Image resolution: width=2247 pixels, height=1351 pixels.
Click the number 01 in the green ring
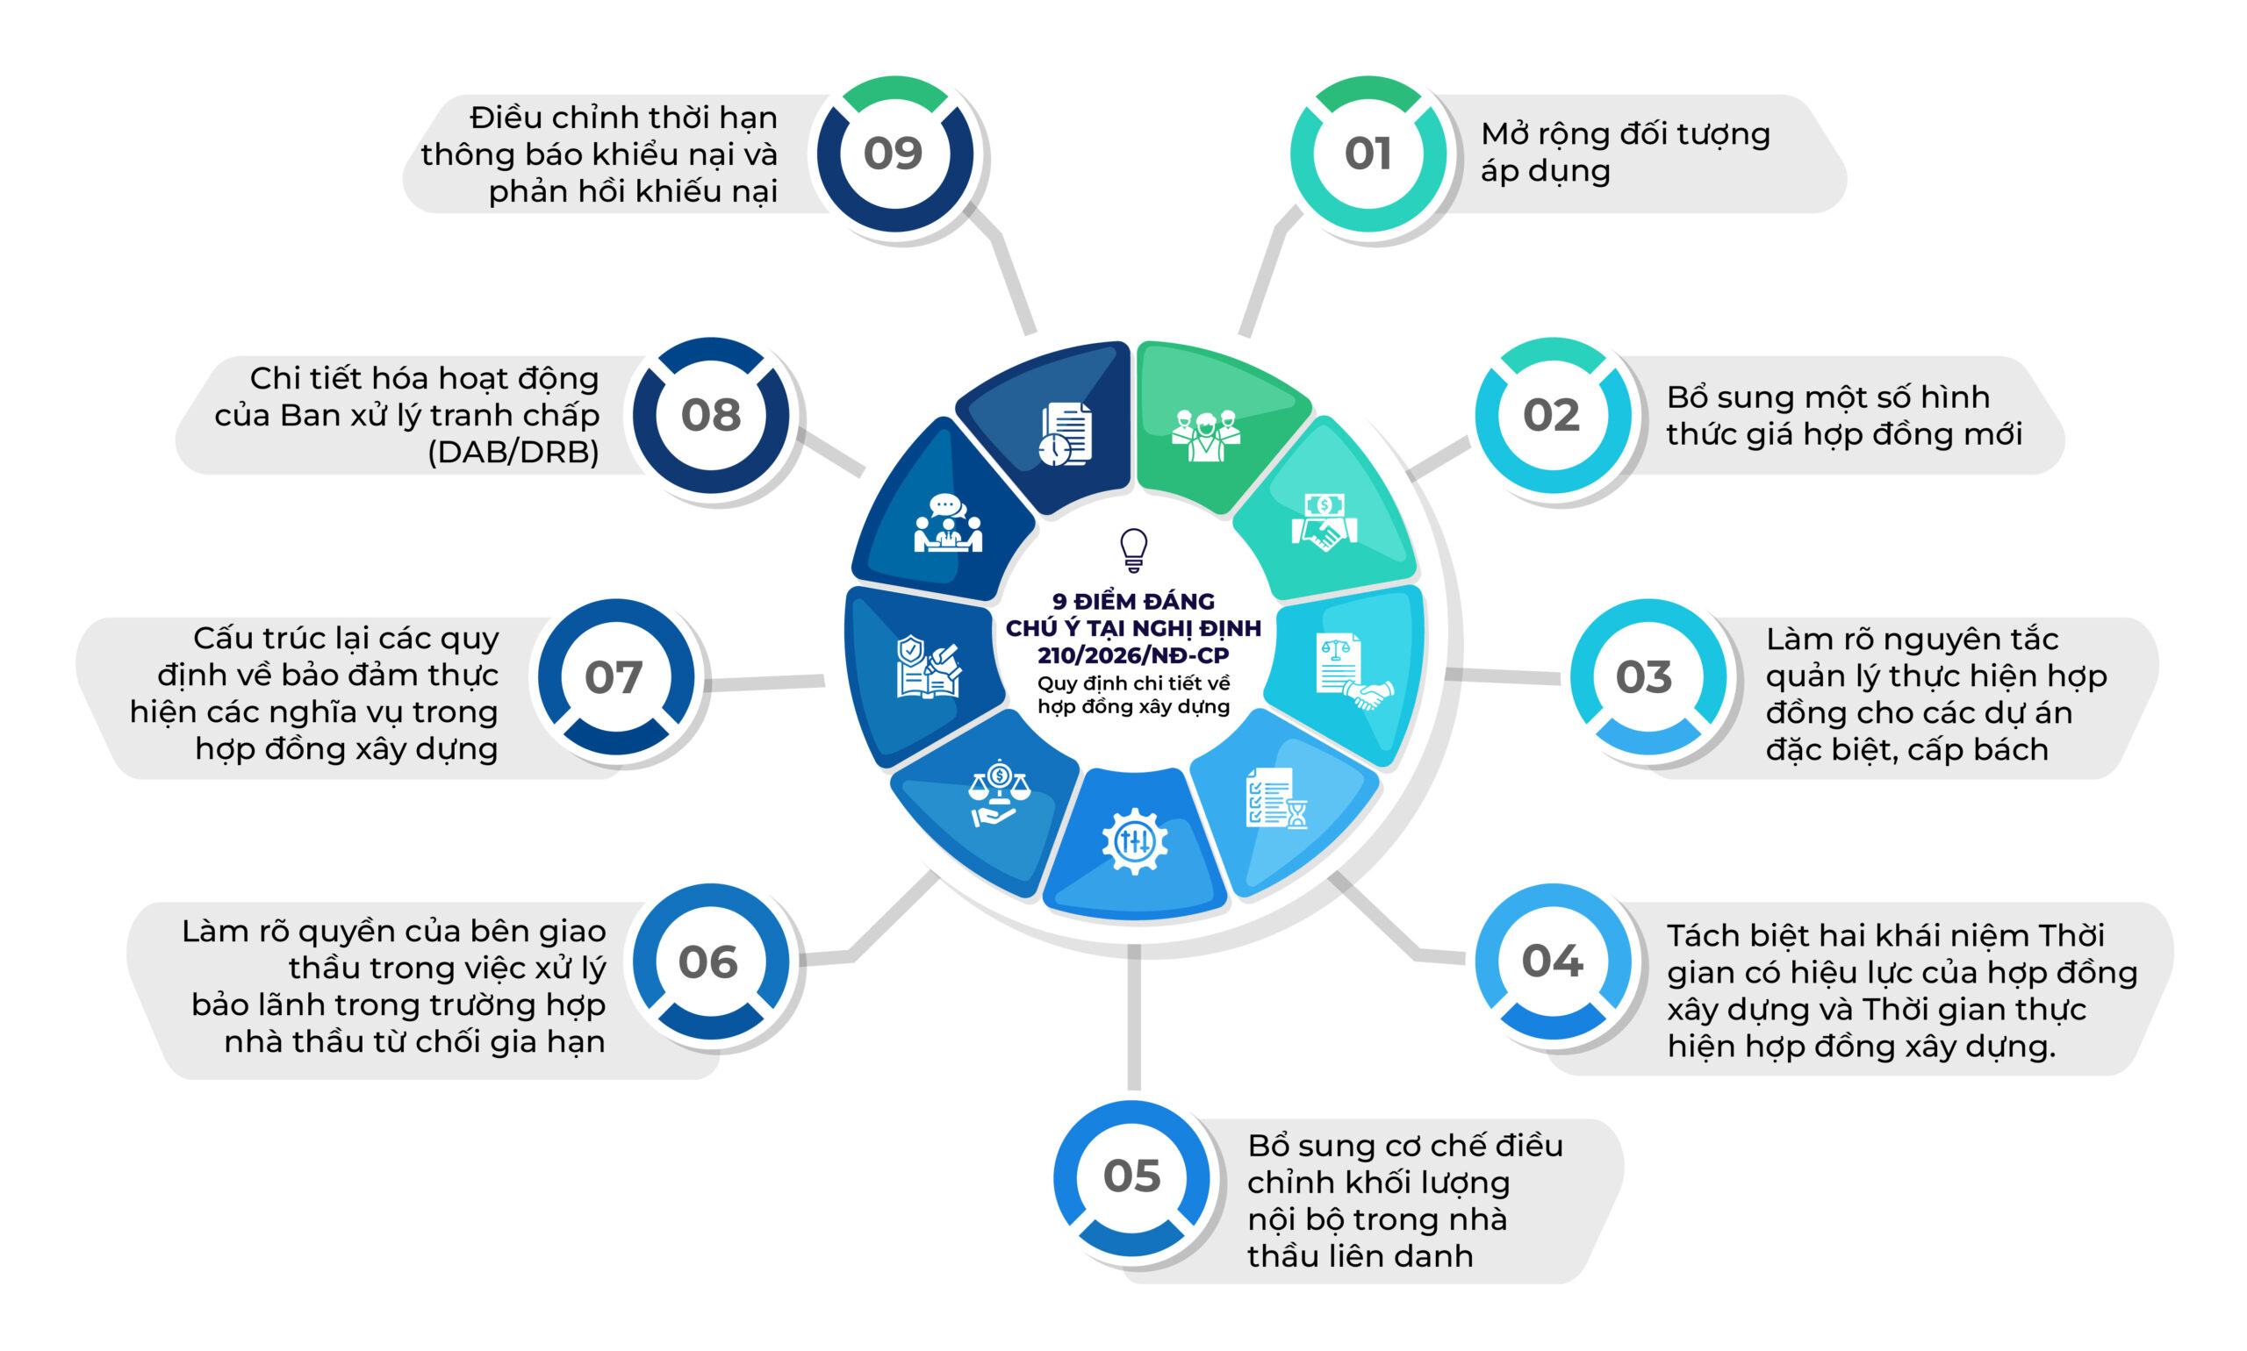pyautogui.click(x=1368, y=153)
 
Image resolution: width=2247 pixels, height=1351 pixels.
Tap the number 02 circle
pyautogui.click(x=1552, y=415)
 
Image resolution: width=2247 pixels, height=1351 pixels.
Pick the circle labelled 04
pyautogui.click(x=1552, y=961)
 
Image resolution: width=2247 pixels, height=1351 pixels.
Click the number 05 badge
pyautogui.click(x=1131, y=1177)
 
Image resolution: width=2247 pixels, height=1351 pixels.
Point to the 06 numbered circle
pyautogui.click(x=709, y=961)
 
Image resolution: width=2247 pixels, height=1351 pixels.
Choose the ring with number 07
pyautogui.click(x=614, y=676)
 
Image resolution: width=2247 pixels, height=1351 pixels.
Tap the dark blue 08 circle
pyautogui.click(x=710, y=415)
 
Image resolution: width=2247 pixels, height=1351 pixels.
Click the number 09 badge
pyautogui.click(x=894, y=153)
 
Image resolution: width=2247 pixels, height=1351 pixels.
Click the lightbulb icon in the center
pyautogui.click(x=1133, y=550)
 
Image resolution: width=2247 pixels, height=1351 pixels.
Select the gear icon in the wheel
pyautogui.click(x=1134, y=840)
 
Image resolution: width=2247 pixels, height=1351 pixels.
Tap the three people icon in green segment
pyautogui.click(x=1205, y=435)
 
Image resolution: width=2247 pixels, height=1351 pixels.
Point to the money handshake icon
pyautogui.click(x=1325, y=522)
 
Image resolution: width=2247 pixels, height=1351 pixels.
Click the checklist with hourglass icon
pyautogui.click(x=1276, y=797)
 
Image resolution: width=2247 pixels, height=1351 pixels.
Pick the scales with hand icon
pyautogui.click(x=998, y=792)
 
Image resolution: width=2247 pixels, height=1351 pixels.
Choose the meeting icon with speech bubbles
pyautogui.click(x=947, y=523)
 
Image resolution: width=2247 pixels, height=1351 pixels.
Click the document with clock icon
pyautogui.click(x=1065, y=434)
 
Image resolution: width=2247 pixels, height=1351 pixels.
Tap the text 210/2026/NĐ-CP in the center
pyautogui.click(x=1133, y=654)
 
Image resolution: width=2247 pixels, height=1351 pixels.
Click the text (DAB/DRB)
pyautogui.click(x=513, y=452)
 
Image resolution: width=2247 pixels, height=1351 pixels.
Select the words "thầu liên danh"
pyautogui.click(x=1359, y=1255)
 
